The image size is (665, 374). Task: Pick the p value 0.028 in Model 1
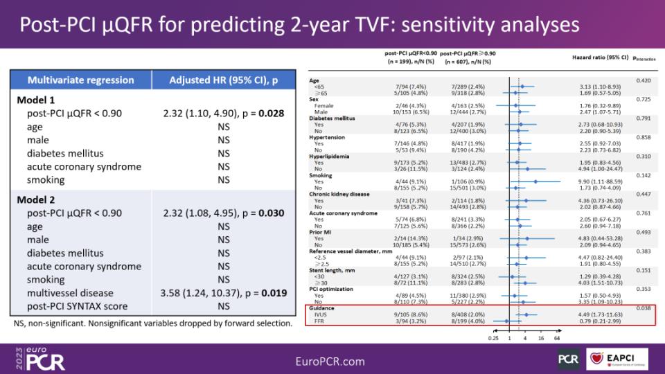[x=272, y=113]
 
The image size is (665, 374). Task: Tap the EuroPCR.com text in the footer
[x=329, y=361]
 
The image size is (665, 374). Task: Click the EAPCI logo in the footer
[x=617, y=358]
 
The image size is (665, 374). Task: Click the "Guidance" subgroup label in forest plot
[x=321, y=308]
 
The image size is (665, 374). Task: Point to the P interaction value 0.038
[x=642, y=308]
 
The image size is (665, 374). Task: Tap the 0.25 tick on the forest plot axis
[x=493, y=339]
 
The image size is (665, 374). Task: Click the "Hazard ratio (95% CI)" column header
[x=600, y=57]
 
